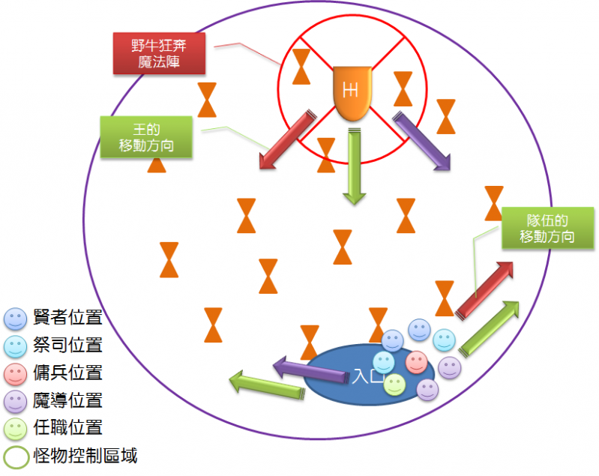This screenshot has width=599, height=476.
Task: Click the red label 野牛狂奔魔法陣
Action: point(159,53)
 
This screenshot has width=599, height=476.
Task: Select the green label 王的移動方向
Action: point(146,136)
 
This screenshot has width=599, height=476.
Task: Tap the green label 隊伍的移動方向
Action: point(547,228)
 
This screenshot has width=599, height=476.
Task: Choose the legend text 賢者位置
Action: point(67,318)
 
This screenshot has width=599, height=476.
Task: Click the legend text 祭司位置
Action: point(67,346)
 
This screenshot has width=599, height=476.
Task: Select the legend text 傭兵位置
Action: point(67,373)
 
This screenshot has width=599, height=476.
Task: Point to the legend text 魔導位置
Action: point(67,400)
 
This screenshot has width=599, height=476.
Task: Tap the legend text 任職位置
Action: point(67,428)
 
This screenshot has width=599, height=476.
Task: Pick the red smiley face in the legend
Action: point(15,373)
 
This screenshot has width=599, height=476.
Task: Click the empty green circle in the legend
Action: point(15,456)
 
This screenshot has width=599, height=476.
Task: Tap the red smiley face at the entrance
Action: point(416,362)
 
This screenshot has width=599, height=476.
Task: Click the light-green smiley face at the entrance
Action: point(395,385)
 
